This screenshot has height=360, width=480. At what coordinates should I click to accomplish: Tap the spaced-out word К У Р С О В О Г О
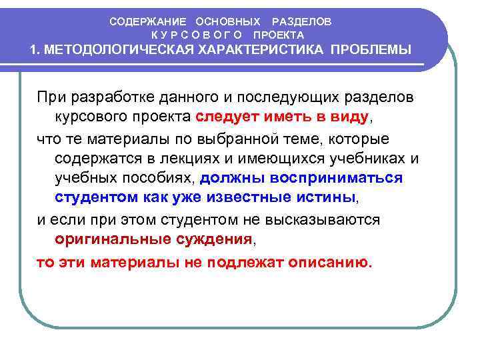pyautogui.click(x=197, y=35)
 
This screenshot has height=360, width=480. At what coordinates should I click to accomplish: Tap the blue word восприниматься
pyautogui.click(x=336, y=179)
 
